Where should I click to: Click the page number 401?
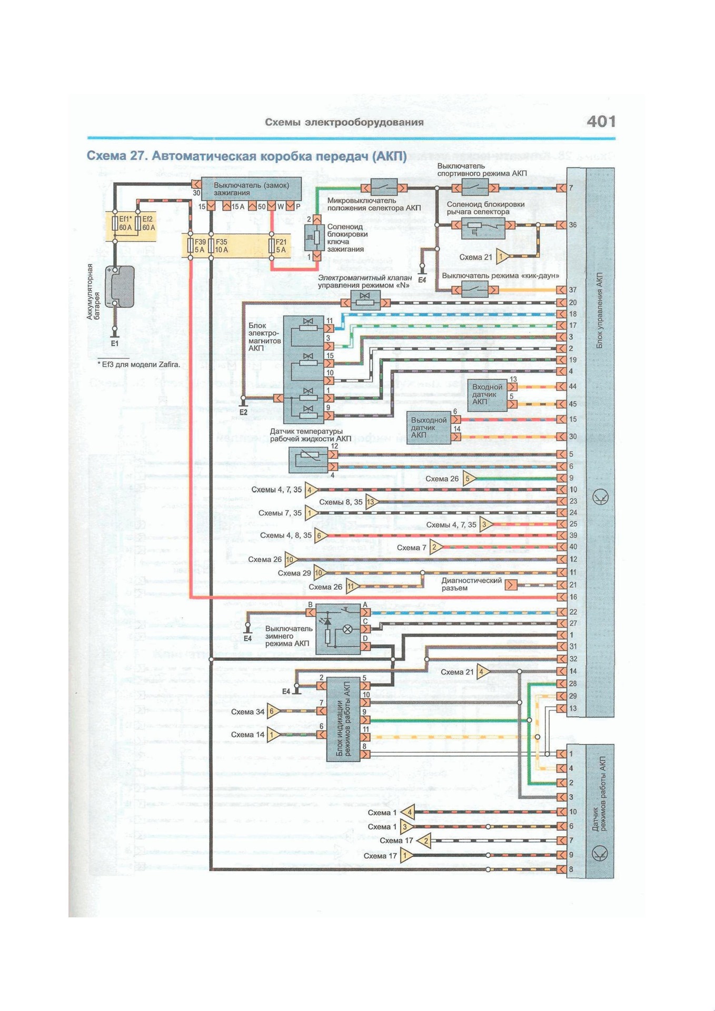pos(601,122)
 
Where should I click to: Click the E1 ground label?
pos(115,343)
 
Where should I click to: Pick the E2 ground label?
pos(243,412)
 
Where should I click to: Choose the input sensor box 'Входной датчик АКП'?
pos(487,394)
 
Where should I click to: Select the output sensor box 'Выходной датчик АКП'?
pos(430,428)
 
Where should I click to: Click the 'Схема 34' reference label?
pos(247,712)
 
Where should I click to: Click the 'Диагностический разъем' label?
pos(471,584)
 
